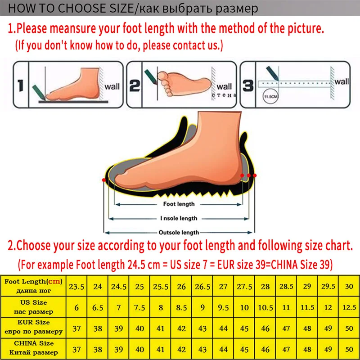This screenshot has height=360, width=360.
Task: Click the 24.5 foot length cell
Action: [118, 286]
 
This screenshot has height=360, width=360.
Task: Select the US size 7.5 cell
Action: [139, 307]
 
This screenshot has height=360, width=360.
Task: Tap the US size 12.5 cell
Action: [349, 307]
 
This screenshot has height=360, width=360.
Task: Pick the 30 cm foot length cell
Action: [349, 286]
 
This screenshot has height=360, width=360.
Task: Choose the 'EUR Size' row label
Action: [33, 327]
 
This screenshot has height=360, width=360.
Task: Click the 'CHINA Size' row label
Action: [33, 348]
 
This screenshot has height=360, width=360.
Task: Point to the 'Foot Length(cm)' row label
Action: [33, 286]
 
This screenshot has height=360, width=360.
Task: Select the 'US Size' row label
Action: [33, 307]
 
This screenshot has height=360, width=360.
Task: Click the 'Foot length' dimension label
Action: [179, 204]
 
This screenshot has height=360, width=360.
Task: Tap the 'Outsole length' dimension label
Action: [179, 232]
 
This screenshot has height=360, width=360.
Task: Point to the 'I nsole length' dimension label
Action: [179, 218]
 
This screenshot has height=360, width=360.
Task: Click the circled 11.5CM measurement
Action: [270, 96]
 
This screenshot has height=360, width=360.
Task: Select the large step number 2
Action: [135, 85]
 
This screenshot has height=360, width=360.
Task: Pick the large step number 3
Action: [248, 85]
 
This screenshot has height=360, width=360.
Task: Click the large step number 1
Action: [21, 85]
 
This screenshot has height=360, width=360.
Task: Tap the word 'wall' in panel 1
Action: [112, 87]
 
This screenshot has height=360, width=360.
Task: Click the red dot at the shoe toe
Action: [104, 180]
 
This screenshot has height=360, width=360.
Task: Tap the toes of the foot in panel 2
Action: [165, 84]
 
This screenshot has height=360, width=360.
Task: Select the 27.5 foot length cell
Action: [244, 286]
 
